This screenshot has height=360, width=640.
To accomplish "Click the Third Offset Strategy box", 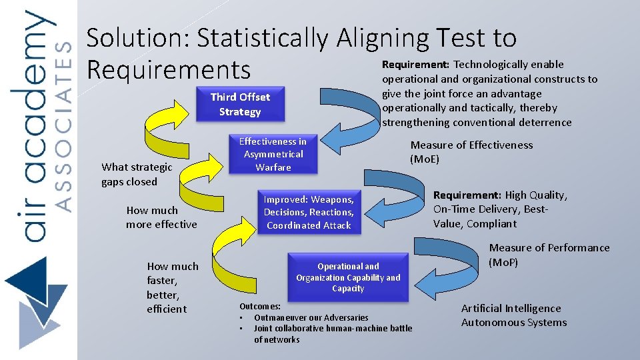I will (240, 104).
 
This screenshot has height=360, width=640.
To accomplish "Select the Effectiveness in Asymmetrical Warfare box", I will (273, 154).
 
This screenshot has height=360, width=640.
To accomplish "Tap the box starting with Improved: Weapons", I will (308, 213).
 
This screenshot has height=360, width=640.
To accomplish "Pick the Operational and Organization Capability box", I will (348, 277).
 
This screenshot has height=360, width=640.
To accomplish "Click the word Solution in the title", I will (137, 39).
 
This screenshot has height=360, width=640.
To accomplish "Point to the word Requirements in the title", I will (168, 70).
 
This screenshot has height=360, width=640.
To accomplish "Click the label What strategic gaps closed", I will (137, 175).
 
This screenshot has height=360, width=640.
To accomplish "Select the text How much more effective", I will (161, 217).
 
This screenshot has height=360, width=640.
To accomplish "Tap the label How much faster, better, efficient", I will (173, 287).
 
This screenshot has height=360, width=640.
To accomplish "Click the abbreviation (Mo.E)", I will (425, 159).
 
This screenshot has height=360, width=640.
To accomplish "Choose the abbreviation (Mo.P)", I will (503, 262).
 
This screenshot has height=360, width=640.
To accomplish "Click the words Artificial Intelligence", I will (511, 308).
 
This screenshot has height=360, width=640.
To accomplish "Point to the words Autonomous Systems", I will (513, 323).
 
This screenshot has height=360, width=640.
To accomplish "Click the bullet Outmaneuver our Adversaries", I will (311, 317).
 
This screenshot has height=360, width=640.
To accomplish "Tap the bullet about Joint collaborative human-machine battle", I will (333, 329).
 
